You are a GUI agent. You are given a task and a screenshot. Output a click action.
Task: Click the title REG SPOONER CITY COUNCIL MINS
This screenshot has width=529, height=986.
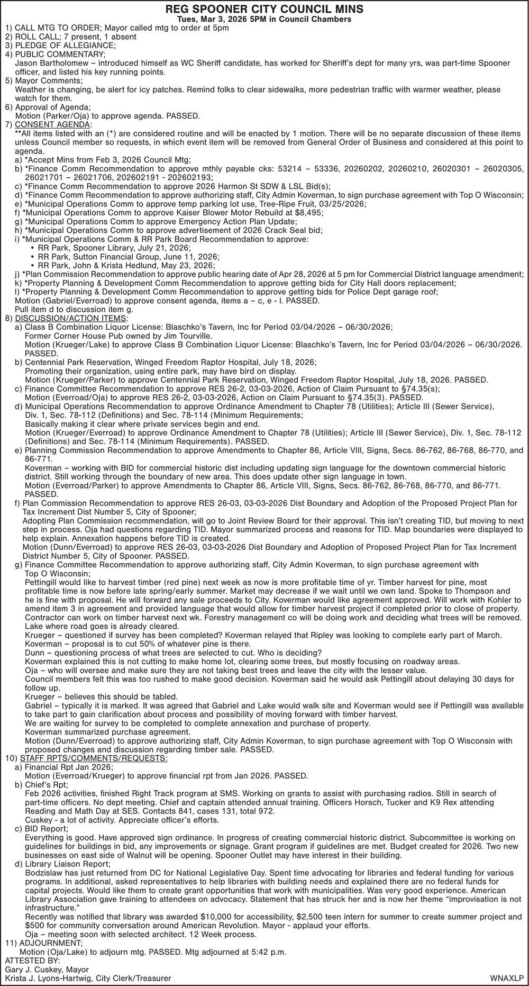point(264,9)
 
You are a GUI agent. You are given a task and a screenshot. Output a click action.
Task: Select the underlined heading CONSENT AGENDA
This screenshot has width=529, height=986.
point(52,124)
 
